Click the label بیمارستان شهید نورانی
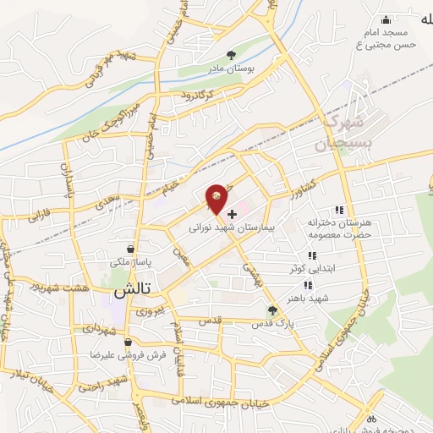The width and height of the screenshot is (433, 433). (x=249, y=227)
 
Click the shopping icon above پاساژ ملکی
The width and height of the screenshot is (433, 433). (x=129, y=249)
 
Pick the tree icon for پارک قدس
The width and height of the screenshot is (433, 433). (x=272, y=310)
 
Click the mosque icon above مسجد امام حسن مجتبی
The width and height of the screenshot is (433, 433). (x=386, y=19)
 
